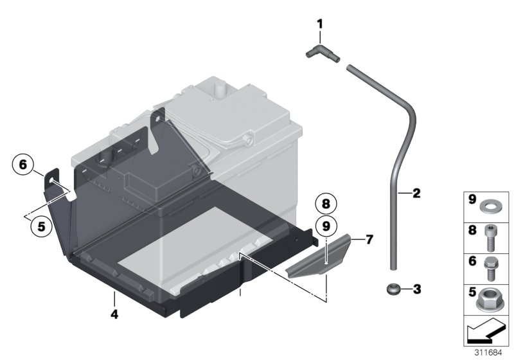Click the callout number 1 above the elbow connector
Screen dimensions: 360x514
(x=319, y=26)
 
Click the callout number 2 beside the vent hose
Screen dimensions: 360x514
(x=416, y=193)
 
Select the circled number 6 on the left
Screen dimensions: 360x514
(x=22, y=165)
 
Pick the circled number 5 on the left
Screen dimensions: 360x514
(x=42, y=226)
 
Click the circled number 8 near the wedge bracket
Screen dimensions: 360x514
(x=326, y=203)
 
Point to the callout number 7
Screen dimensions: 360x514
(x=369, y=239)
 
